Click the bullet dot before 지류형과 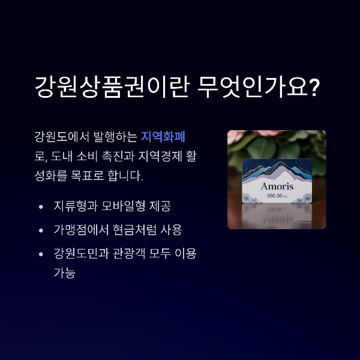[41, 207]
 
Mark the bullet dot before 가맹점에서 [41, 230]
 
